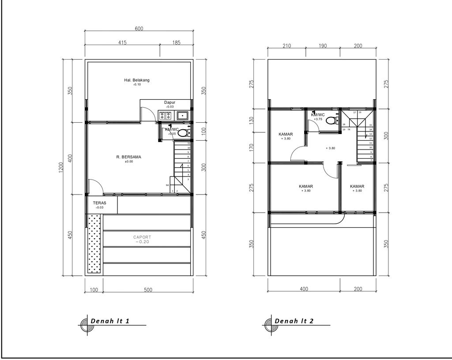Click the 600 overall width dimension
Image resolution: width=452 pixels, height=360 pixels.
coord(139,29)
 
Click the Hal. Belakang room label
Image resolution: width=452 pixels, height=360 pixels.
coord(137,80)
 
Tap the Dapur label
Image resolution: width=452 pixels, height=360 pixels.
coord(170,102)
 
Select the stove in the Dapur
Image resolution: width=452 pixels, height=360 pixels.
coord(166,116)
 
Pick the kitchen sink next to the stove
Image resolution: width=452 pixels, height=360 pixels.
coord(182,116)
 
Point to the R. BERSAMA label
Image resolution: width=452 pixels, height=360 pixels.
coord(128,157)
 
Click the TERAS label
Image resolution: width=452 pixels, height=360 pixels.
coord(99,203)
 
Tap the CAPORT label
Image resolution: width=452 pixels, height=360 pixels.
coord(142,237)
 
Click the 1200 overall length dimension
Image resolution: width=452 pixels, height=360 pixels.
coord(61,168)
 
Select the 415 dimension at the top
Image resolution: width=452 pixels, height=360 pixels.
coord(122,43)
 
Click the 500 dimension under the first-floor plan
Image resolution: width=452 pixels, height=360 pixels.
coord(148,290)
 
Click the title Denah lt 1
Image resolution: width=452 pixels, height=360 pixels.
coord(110,321)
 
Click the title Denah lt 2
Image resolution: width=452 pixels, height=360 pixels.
coord(294,321)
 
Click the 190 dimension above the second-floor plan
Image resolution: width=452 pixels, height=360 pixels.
coord(322,46)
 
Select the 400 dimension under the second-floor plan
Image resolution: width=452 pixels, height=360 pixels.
coord(304,289)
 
